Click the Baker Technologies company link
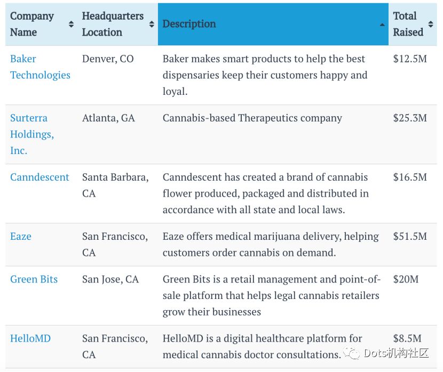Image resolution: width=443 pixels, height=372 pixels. point(40,67)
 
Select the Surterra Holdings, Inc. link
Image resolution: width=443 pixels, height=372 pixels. point(32,134)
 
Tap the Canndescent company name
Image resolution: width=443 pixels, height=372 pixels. point(39,177)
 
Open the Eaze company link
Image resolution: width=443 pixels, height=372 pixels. point(21,236)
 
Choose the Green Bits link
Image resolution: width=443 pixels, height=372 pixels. point(34,279)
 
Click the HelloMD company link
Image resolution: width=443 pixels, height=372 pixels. point(30,338)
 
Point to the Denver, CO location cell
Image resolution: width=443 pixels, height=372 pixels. point(108,59)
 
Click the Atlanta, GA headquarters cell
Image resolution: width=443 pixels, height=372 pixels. point(108,118)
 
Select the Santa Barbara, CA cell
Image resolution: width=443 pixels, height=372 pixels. point(115,185)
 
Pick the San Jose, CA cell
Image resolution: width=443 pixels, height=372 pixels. point(110,279)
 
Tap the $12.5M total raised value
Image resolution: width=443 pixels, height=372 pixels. point(410,59)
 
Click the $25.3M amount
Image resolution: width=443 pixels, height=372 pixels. point(410,118)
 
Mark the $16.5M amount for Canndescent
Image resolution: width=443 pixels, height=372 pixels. point(410,177)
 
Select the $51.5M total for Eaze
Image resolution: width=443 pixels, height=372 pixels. point(410,236)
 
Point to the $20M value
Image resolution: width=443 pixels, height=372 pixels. point(405,279)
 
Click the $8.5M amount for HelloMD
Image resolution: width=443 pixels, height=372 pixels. point(407,338)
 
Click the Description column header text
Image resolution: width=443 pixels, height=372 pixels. point(189,24)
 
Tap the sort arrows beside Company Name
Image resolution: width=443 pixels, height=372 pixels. point(71,24)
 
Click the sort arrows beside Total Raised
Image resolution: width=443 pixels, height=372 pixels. point(431,24)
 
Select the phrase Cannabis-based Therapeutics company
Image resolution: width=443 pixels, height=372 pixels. point(252,118)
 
